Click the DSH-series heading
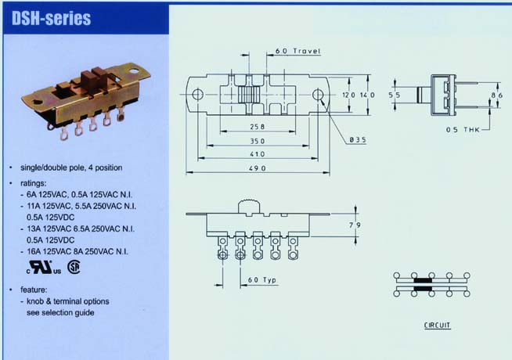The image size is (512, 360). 51,18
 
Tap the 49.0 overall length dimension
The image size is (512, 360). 258,168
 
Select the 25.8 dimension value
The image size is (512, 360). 258,127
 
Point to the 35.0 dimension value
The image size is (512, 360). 258,141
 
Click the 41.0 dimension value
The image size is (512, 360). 258,154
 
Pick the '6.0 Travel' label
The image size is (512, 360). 297,51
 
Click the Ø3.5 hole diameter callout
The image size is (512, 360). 358,139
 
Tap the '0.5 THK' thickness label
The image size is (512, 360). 463,130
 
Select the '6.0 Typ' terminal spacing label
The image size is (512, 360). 262,280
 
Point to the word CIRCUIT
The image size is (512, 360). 437,325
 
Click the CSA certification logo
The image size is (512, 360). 74,267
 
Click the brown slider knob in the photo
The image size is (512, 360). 92,79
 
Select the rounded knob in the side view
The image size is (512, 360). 249,207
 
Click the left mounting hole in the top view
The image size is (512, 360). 197,95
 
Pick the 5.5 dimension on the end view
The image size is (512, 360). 395,95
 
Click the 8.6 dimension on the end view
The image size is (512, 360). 497,95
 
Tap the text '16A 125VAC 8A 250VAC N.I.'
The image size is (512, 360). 78,252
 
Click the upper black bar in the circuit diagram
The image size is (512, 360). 423,280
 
